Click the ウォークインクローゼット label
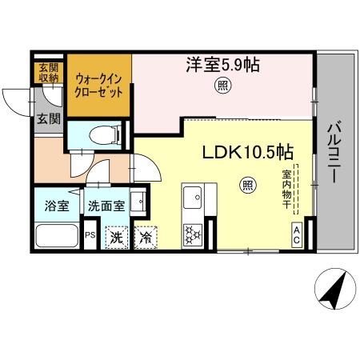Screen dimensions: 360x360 [99, 86]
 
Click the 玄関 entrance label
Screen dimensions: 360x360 [48, 119]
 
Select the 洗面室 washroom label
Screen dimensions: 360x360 [106, 205]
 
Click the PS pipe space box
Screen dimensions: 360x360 [90, 235]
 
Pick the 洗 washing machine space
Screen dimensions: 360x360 [116, 237]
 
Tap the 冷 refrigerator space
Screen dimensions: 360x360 [146, 237]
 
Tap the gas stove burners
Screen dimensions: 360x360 [193, 234]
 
